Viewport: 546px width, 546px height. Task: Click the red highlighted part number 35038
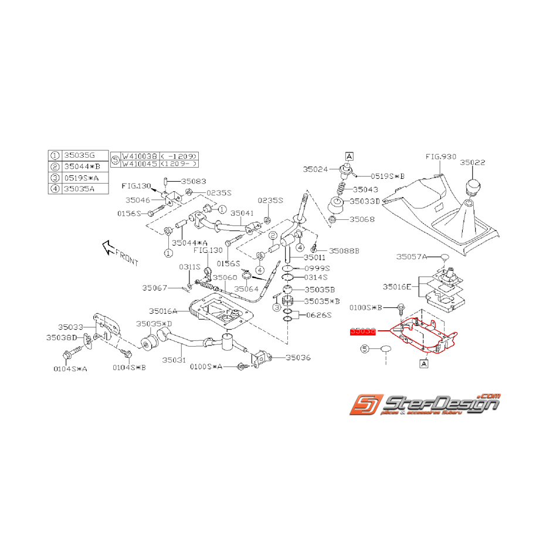tap(362, 331)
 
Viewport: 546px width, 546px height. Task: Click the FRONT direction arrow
tap(118, 251)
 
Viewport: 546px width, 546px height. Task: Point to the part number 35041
tap(242, 213)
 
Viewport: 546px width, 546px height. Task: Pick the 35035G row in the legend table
tap(79, 156)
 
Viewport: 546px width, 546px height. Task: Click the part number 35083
tap(193, 182)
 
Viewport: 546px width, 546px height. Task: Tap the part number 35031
tap(174, 360)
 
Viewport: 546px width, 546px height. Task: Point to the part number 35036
tap(298, 357)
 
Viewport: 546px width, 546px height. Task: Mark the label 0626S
tap(317, 315)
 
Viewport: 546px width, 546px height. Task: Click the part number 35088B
tap(343, 250)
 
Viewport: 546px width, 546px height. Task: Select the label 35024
tap(316, 169)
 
